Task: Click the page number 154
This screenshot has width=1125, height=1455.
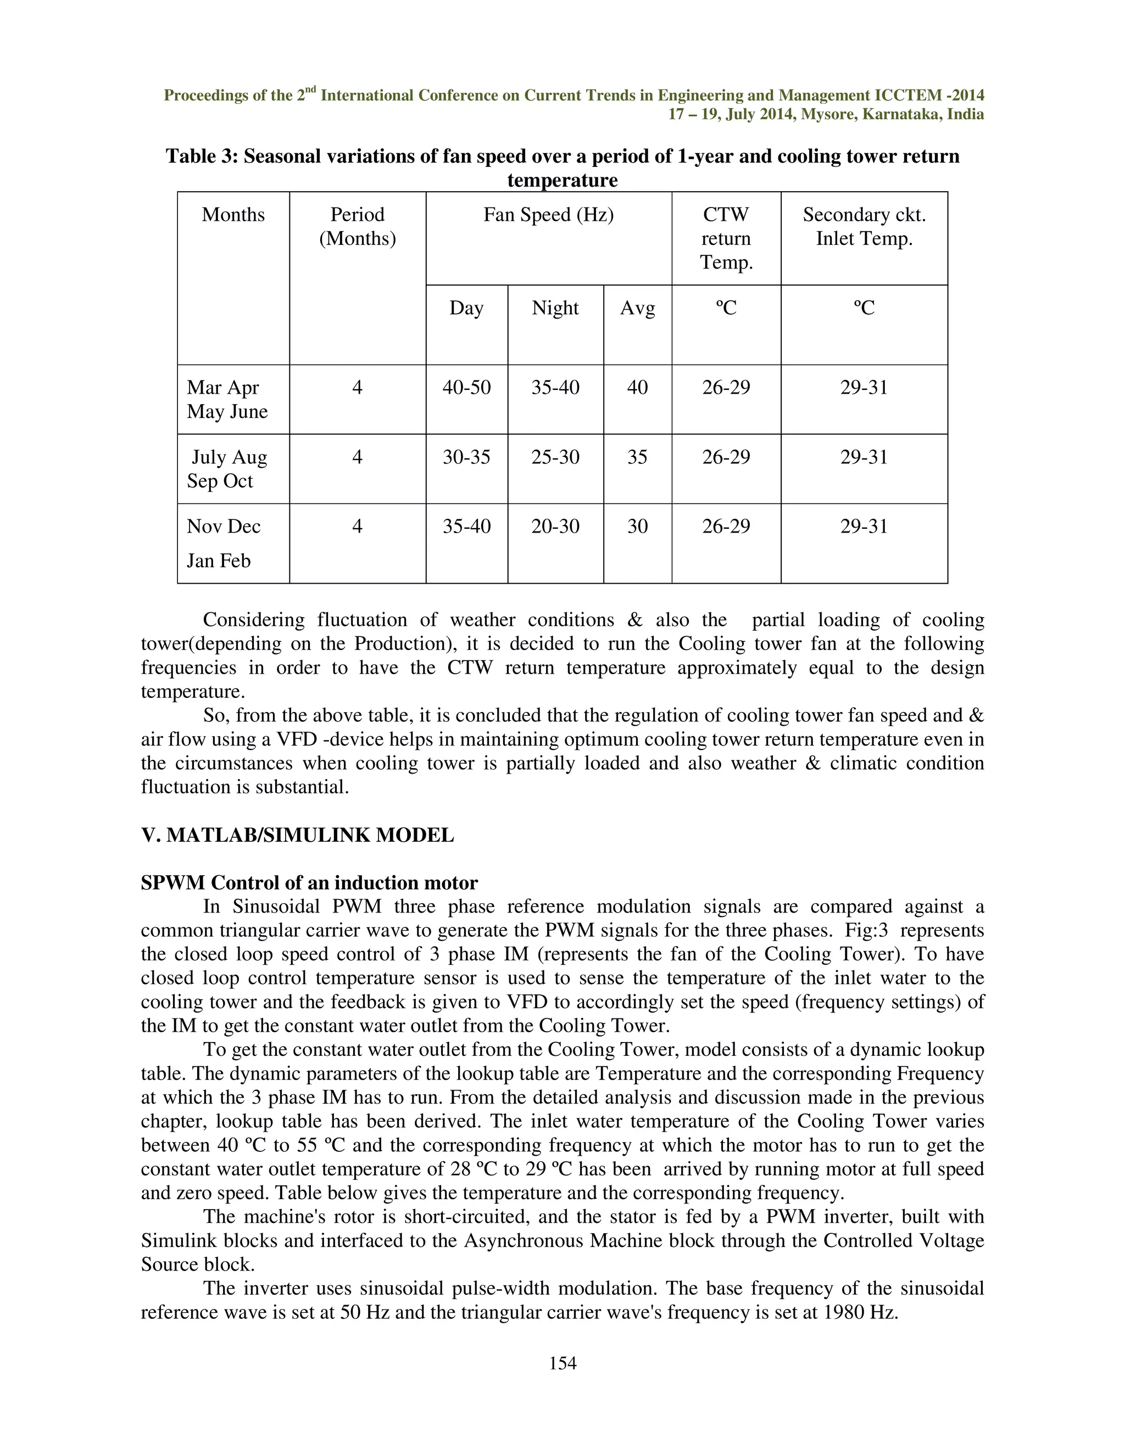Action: (562, 1364)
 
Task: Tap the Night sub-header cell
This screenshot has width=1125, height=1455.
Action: (555, 308)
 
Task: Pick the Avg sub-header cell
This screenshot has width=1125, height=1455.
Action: (637, 308)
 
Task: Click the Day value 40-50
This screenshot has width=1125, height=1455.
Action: (466, 387)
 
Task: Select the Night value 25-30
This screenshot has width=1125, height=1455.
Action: (555, 457)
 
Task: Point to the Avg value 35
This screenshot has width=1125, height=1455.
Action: (637, 457)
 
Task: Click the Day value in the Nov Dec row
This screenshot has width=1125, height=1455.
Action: (466, 527)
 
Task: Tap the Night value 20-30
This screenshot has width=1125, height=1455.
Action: (555, 527)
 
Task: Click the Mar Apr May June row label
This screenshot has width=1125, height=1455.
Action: (227, 399)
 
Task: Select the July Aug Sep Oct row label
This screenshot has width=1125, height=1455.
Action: (227, 469)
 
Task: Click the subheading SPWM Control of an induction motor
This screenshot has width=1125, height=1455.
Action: (309, 883)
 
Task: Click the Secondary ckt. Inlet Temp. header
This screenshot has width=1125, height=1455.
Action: (864, 227)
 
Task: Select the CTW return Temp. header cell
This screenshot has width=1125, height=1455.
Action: (726, 238)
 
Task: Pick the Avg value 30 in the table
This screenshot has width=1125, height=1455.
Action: (637, 527)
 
